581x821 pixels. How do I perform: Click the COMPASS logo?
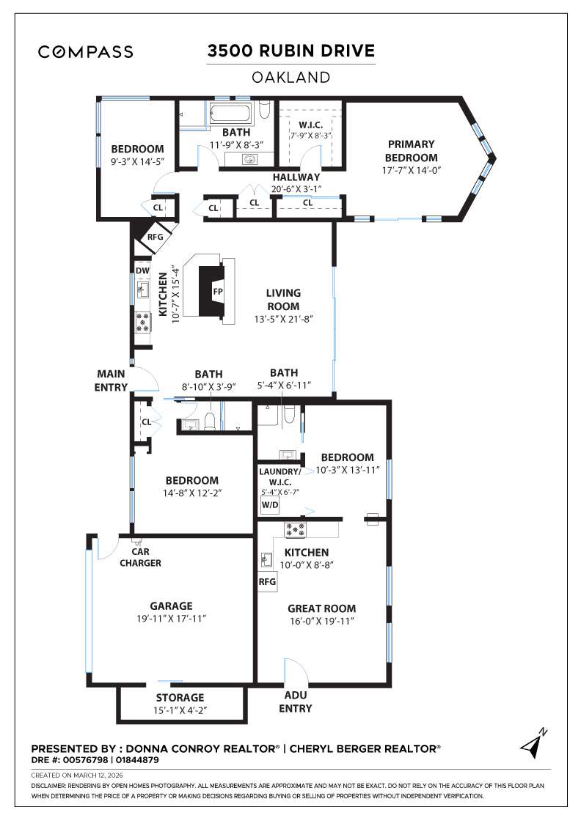[86, 52]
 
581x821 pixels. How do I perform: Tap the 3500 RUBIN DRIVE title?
[290, 51]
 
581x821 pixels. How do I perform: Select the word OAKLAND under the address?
[290, 76]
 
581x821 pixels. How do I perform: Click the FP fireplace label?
[217, 291]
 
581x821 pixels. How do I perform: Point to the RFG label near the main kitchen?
[155, 237]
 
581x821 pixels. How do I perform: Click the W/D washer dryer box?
[268, 504]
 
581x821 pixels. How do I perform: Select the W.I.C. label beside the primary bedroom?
[311, 125]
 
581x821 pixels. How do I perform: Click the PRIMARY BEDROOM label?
[412, 151]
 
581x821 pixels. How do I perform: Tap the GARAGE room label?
[171, 606]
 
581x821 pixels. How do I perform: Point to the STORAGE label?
[180, 697]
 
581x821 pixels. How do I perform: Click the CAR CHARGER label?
[141, 557]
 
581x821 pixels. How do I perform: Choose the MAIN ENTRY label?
[111, 380]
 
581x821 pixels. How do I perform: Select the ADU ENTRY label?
[295, 702]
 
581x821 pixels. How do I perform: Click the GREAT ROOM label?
[321, 608]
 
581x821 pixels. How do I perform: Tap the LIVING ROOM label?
[283, 299]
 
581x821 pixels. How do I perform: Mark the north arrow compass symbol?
[533, 743]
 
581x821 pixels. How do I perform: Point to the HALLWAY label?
[296, 177]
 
